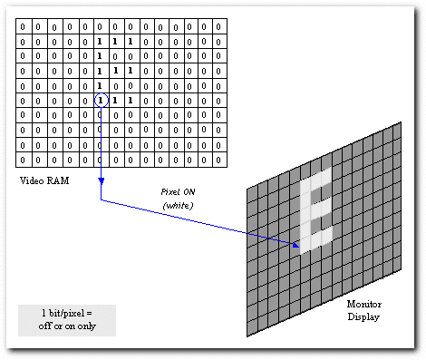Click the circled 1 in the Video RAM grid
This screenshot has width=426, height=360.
[x=100, y=100]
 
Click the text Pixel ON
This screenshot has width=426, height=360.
[x=174, y=193]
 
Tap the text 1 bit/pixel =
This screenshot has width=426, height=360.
[x=67, y=313]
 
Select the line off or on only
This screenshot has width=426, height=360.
[x=67, y=326]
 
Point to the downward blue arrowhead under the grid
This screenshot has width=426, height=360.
[x=100, y=182]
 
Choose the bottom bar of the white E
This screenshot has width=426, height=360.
[x=317, y=238]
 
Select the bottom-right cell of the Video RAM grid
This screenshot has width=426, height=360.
[x=218, y=159]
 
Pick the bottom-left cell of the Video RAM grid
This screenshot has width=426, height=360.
[x=24, y=159]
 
